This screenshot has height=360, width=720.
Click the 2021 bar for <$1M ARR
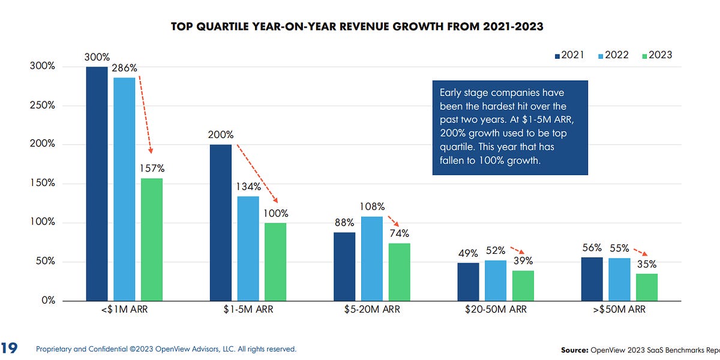tap(97, 184)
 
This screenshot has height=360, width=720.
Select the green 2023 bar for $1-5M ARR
tap(275, 262)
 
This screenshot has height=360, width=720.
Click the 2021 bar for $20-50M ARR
tap(469, 281)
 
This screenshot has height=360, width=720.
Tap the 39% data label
tap(522, 261)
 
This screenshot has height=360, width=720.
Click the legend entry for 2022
tap(613, 55)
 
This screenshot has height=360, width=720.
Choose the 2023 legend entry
tap(656, 55)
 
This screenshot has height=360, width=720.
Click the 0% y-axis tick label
tap(47, 301)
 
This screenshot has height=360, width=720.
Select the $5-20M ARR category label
tap(371, 310)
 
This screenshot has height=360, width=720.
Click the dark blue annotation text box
tap(510, 128)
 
